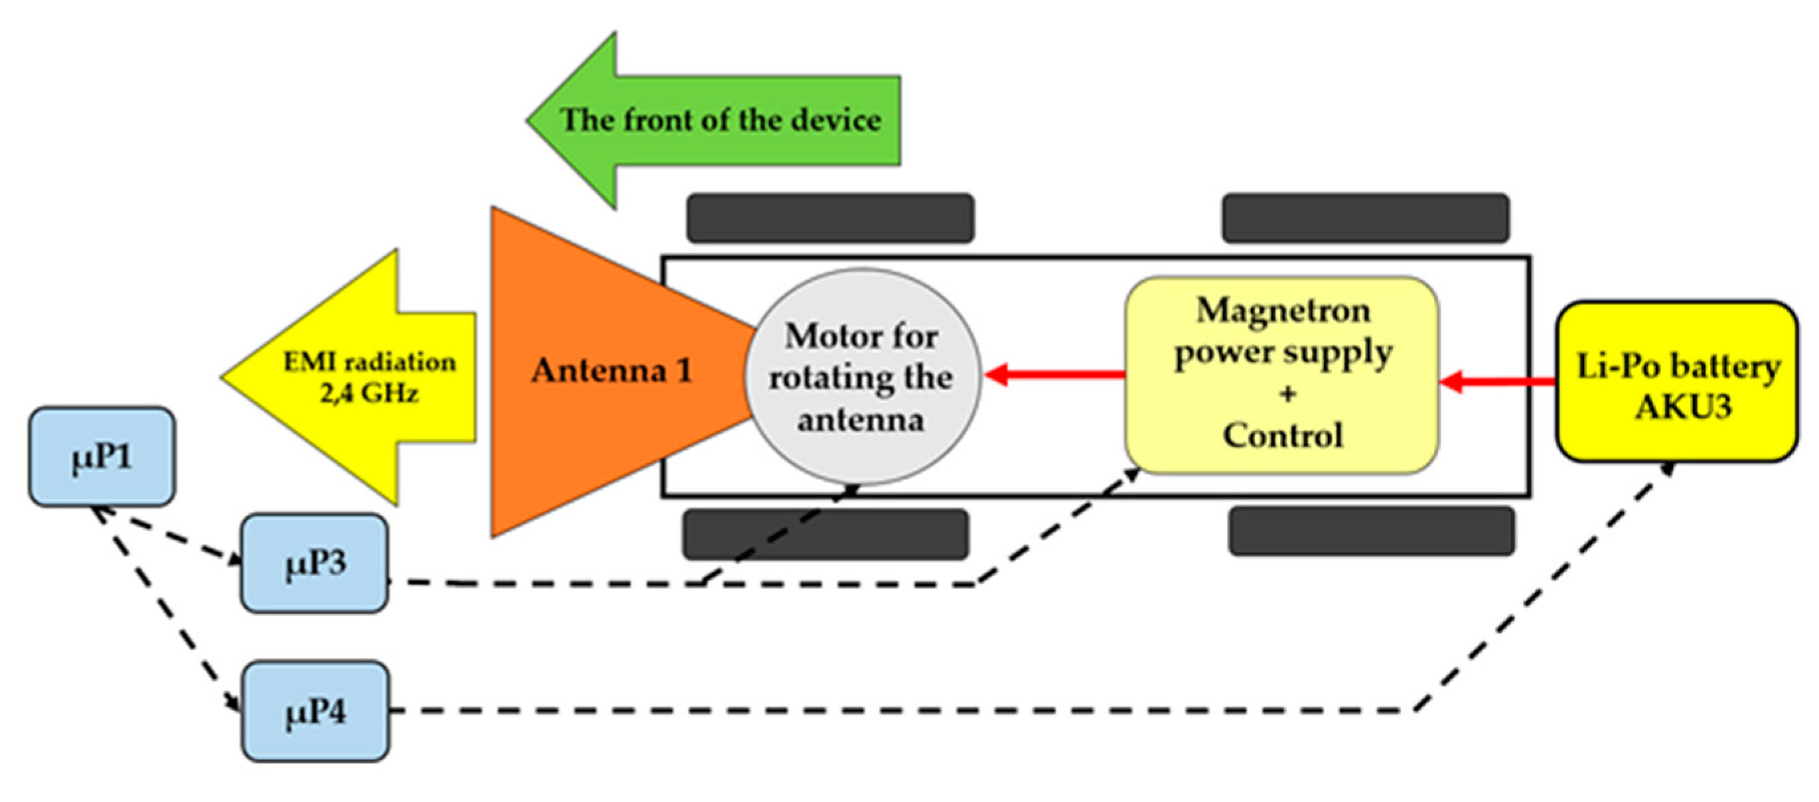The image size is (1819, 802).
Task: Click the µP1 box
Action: pos(102,457)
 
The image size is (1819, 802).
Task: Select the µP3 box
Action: pos(315,563)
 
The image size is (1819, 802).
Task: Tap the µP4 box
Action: pos(315,711)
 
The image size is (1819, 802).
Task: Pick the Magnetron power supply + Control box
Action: pos(1281,374)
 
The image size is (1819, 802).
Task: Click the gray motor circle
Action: pos(862,377)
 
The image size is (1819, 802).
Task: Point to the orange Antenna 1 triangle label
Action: pos(611,371)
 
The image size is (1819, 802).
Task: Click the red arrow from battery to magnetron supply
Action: pos(1497,383)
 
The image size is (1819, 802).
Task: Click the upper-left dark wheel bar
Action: pos(830,218)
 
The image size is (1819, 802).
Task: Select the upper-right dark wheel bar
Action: pos(1366,218)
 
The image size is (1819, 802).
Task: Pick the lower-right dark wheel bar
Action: pos(1371,531)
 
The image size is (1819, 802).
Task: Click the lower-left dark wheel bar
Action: pos(825,534)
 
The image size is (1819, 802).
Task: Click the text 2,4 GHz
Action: pos(369,393)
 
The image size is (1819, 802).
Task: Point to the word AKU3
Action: pos(1684,407)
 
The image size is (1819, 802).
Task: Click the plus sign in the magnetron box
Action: pos(1287,393)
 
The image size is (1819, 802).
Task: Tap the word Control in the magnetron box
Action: pos(1283,435)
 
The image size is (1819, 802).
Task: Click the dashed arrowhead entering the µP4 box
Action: pos(232,702)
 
